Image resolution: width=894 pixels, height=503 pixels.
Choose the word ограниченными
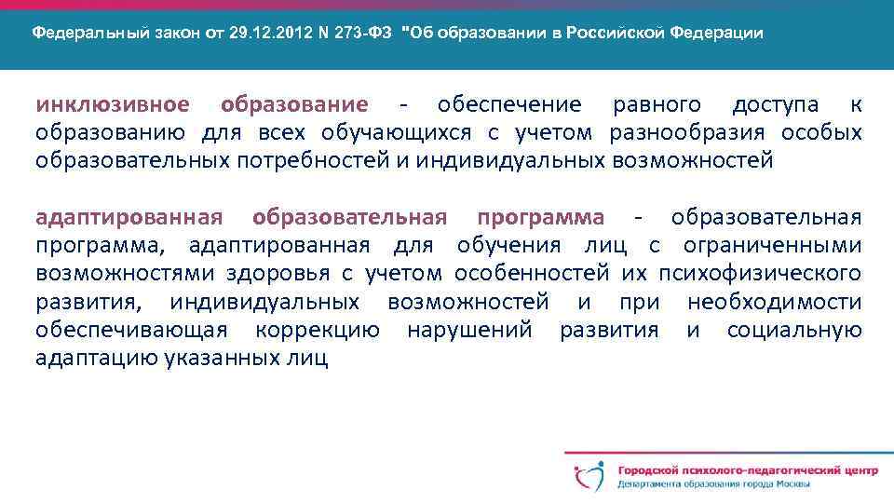point(772,246)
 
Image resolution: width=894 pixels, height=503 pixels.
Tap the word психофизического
point(759,274)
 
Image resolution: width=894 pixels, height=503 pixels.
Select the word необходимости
point(774,302)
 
